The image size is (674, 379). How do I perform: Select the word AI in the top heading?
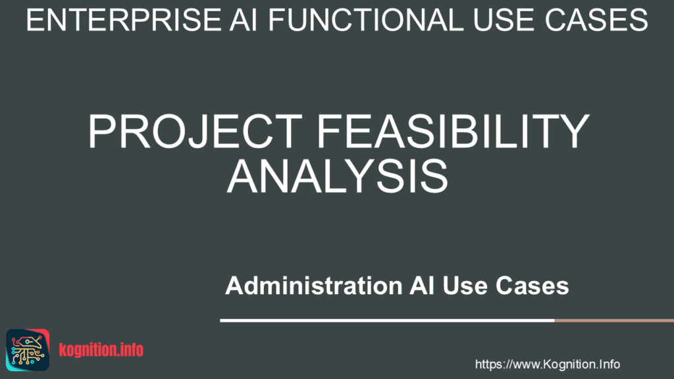point(244,20)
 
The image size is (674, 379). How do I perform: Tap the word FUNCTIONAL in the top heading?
point(366,20)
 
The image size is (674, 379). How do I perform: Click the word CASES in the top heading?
point(595,20)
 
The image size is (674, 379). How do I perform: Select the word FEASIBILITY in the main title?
point(453,131)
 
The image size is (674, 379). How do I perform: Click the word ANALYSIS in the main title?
point(338,176)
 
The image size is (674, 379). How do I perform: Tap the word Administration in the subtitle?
point(314,286)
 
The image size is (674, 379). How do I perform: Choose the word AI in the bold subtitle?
point(422,286)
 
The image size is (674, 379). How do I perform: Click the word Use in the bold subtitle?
point(465,286)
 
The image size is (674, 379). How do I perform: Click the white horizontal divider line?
point(387,320)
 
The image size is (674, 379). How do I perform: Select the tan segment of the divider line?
point(614,320)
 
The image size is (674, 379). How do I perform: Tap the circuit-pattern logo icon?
point(28,350)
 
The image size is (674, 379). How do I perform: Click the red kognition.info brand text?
point(101,350)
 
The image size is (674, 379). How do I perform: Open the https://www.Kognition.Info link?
point(547,365)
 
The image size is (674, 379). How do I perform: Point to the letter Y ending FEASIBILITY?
point(575,131)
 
